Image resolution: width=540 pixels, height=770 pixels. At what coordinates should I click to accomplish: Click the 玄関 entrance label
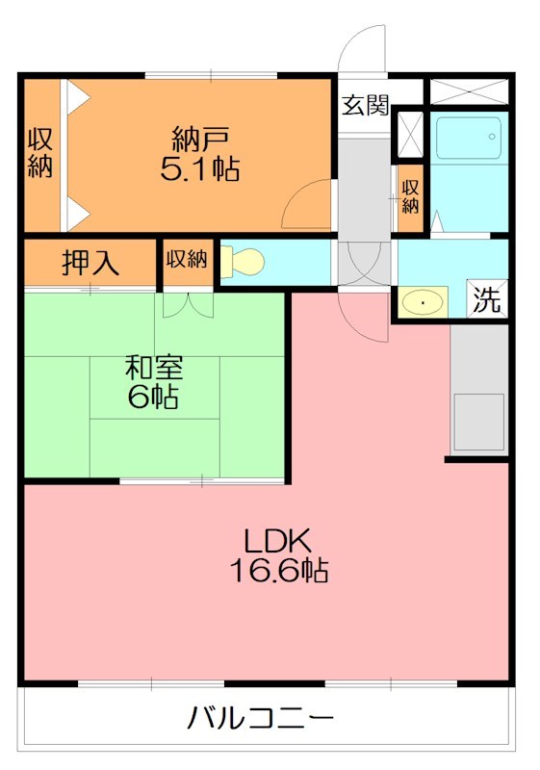tap(365, 105)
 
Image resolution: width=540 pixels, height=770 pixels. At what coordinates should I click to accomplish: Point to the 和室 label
tap(154, 368)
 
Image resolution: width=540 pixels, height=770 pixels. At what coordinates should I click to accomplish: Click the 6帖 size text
tap(154, 397)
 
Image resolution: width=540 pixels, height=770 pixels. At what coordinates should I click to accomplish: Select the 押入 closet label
tap(90, 263)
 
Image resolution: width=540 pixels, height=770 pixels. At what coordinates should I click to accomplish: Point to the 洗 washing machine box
tap(487, 299)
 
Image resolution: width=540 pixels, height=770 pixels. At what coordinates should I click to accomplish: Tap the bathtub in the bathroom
tap(468, 140)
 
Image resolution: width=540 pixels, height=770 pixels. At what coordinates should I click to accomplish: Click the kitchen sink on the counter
tap(479, 421)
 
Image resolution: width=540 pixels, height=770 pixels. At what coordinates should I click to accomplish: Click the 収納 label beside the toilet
tap(186, 259)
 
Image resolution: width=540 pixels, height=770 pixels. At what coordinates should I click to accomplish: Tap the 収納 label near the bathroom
tap(410, 195)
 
